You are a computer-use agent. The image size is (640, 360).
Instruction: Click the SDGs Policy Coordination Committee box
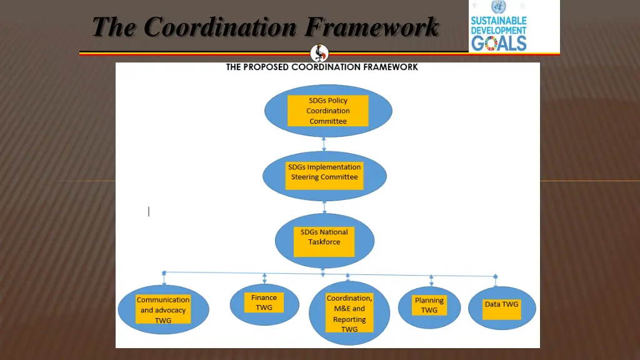[328, 111]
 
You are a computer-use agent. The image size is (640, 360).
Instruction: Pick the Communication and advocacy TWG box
[163, 310]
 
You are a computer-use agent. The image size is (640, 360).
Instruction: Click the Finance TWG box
[264, 302]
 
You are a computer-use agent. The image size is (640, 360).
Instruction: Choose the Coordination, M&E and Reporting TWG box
[349, 313]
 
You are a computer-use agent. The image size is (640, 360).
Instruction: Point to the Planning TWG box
[429, 306]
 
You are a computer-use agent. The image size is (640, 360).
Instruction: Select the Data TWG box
[502, 309]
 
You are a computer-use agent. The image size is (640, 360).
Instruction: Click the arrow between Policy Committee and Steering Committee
[324, 144]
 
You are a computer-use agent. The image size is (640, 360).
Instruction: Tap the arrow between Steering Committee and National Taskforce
[324, 207]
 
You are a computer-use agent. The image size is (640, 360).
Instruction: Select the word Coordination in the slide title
[220, 27]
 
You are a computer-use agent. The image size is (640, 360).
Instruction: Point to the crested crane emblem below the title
[319, 53]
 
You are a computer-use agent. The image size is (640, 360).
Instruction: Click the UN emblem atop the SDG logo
[498, 7]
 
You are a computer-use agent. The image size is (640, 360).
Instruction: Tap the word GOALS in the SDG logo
[499, 42]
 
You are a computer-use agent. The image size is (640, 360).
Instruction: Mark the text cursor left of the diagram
[149, 211]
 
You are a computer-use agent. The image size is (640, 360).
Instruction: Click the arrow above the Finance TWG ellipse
[265, 278]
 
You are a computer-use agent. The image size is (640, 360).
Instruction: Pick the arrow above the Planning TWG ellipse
[431, 280]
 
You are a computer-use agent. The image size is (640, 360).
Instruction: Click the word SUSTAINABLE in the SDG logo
[499, 21]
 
